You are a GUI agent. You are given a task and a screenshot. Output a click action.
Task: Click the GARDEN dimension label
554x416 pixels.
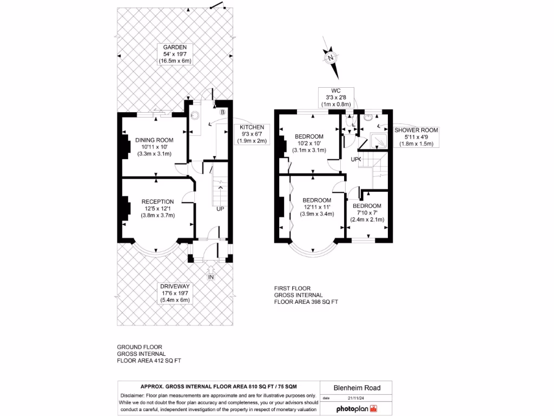click(175, 54)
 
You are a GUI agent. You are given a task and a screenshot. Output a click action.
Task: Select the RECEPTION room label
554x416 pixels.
click(157, 209)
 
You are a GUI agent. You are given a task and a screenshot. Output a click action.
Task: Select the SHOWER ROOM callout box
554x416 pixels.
click(415, 137)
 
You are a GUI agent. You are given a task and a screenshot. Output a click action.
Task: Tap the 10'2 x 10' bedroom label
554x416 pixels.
click(309, 143)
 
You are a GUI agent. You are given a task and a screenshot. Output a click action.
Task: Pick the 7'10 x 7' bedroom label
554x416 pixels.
click(367, 213)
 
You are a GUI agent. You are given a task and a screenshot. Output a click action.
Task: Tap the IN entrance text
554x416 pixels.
click(211, 277)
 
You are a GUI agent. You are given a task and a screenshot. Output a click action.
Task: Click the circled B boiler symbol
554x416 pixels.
click(222, 112)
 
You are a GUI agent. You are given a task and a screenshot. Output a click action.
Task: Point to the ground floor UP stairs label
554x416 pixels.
click(220, 209)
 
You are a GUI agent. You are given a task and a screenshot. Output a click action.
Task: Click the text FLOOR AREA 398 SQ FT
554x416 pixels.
click(306, 302)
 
